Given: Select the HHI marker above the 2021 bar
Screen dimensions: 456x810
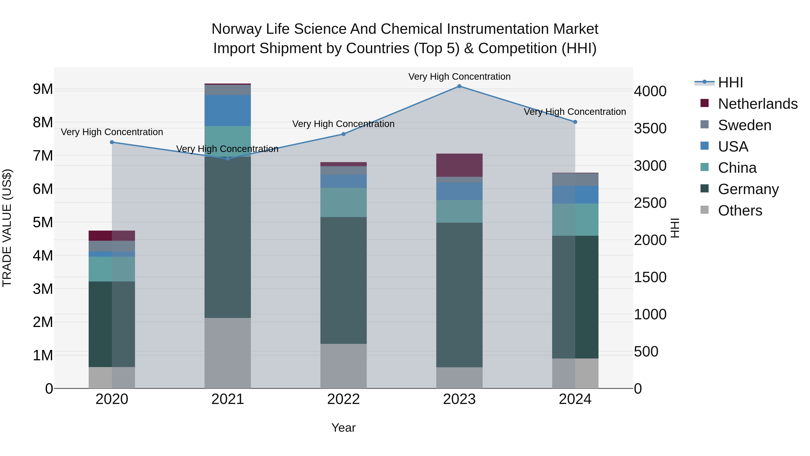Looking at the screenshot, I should (x=228, y=159).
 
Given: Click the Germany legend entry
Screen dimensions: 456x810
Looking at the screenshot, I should (x=748, y=189).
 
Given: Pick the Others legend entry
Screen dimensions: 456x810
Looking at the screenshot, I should (x=740, y=211).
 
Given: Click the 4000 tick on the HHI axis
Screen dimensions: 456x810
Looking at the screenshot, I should (x=650, y=91).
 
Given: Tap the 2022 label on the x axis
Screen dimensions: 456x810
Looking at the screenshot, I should (x=343, y=399).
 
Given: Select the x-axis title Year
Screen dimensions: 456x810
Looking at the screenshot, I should (x=343, y=428).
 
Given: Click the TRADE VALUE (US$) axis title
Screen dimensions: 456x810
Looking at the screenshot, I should (x=7, y=228).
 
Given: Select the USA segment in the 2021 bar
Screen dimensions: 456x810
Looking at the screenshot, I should (x=228, y=111).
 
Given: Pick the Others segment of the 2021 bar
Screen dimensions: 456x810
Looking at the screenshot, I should (x=228, y=353).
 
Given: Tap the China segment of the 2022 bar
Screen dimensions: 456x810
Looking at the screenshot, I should (x=343, y=202).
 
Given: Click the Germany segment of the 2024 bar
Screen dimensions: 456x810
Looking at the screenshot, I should (x=575, y=297).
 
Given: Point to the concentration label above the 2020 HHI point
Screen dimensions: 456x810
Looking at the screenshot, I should (x=112, y=132).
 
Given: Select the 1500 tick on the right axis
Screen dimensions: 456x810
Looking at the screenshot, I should (x=650, y=277).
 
